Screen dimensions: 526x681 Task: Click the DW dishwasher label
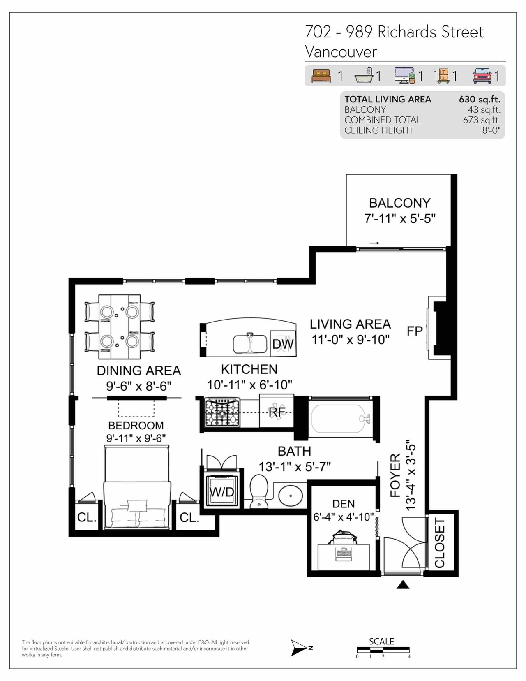click(283, 344)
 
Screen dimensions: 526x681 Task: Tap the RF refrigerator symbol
click(277, 412)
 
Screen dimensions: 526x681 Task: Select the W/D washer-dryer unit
click(222, 492)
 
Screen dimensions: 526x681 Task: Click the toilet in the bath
click(259, 491)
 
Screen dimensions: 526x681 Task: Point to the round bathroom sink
click(291, 496)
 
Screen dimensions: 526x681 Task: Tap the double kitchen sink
click(250, 344)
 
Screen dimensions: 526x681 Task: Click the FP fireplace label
click(415, 331)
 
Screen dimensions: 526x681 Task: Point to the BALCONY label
click(400, 203)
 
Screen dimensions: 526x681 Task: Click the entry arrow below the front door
click(403, 584)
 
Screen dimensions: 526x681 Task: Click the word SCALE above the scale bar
click(381, 642)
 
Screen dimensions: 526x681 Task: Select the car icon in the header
click(482, 76)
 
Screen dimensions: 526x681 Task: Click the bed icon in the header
click(321, 76)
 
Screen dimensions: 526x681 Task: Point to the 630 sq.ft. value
click(480, 100)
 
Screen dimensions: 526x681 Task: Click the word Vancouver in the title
click(341, 51)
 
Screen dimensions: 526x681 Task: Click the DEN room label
click(344, 504)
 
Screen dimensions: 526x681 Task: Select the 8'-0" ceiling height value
click(491, 130)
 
